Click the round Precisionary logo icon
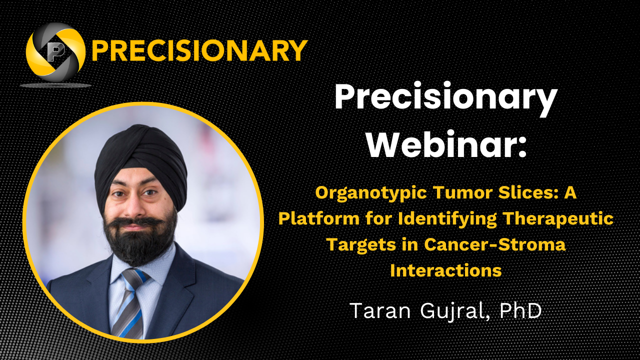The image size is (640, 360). click(55, 52)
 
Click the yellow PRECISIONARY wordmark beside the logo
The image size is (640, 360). click(199, 51)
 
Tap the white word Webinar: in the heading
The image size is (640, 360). click(446, 144)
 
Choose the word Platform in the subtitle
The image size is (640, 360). click(319, 219)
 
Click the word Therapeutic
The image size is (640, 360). click(558, 219)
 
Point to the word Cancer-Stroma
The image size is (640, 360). click(495, 244)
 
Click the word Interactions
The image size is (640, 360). click(446, 270)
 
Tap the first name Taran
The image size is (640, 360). click(380, 310)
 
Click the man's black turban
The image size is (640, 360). click(141, 160)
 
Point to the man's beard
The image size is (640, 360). click(140, 238)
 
